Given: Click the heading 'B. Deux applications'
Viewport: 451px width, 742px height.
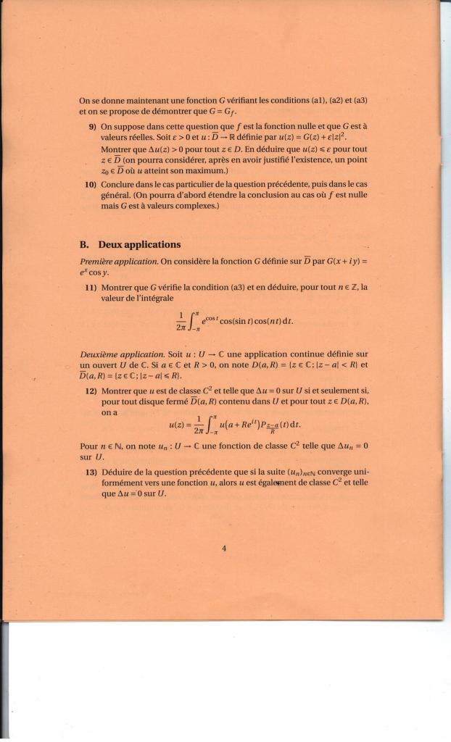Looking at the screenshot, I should (x=130, y=244).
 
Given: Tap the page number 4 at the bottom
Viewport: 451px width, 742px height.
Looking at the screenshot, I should (x=224, y=549).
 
